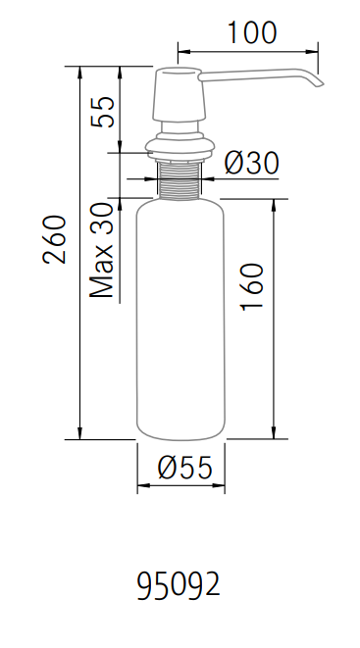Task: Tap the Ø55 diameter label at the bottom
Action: point(182,469)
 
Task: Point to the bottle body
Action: point(180,314)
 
